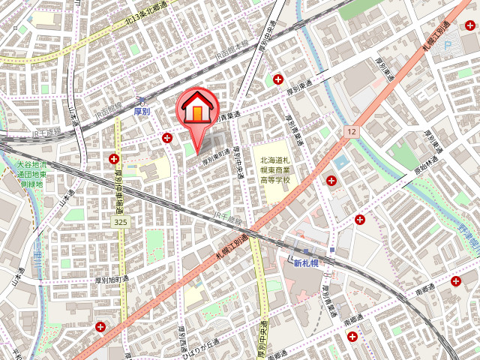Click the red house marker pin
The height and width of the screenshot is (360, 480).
(197, 111)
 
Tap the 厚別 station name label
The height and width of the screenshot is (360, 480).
(142, 111)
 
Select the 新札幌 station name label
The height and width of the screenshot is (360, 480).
(306, 262)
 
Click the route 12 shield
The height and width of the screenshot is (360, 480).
(351, 131)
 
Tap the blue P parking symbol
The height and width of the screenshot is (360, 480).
(448, 46)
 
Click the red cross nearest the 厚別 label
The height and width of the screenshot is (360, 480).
(166, 137)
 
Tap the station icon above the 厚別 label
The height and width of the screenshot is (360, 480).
(141, 100)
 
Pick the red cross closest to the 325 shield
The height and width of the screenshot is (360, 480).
(114, 158)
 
